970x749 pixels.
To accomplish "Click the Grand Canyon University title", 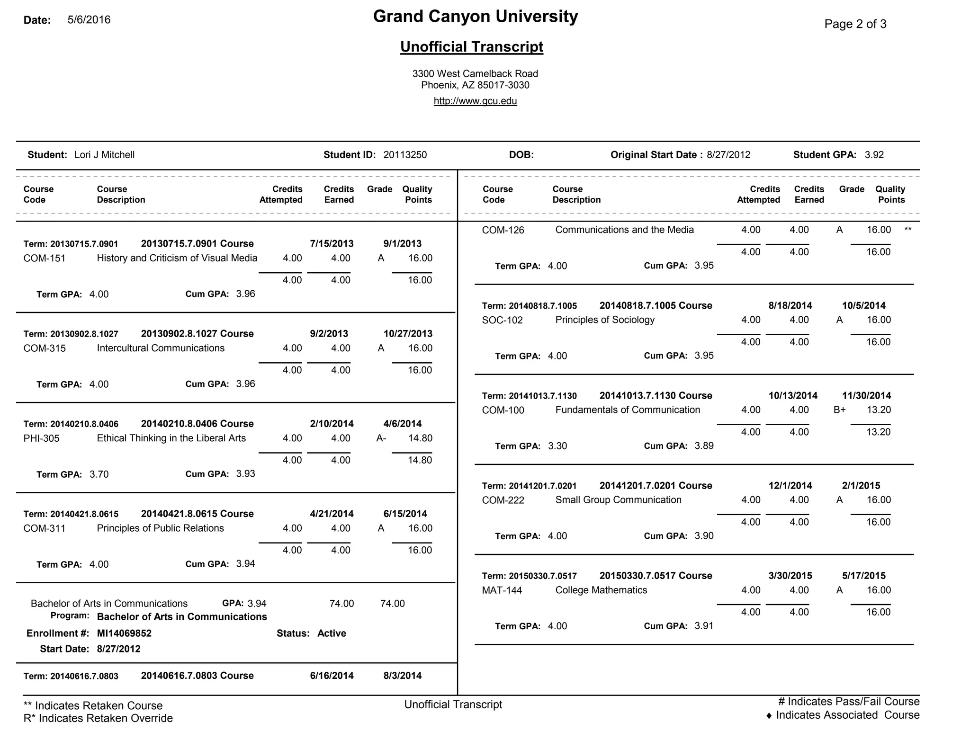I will coord(475,17).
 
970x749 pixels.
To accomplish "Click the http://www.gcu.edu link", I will coord(475,101).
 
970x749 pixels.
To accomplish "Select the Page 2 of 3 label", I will coord(855,24).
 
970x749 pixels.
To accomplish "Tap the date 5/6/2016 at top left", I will coord(89,20).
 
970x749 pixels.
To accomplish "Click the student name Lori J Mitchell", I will coord(104,155).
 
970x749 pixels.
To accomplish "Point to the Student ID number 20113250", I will coord(405,155).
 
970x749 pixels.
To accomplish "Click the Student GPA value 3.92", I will coord(874,155).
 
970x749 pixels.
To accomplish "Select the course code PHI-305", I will coord(42,438).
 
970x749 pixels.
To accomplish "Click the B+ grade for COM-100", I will coord(839,410).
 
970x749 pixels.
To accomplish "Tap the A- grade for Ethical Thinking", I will coord(381,438).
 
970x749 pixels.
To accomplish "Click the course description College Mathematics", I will coord(601,590).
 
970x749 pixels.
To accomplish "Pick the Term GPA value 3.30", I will coord(557,446).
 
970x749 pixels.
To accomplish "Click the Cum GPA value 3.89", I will coord(704,446).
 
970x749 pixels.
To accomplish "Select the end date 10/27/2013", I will coord(408,334).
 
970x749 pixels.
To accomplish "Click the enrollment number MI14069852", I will coord(124,633).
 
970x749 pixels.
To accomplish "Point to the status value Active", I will coord(332,633).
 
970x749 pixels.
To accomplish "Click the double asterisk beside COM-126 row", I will coord(907,230).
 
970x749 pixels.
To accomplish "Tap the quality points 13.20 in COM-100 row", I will coord(879,410).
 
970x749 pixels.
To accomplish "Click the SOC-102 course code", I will coord(502,320).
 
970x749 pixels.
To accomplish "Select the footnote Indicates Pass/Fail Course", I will coord(848,702).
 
